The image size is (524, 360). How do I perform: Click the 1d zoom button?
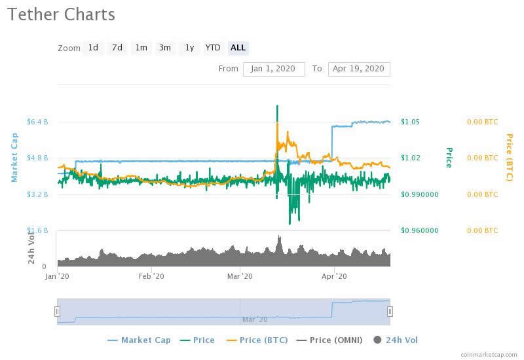pyautogui.click(x=93, y=48)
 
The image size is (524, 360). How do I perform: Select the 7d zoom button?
pyautogui.click(x=117, y=48)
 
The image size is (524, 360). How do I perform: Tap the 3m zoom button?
pyautogui.click(x=165, y=48)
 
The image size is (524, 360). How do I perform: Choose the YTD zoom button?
pyautogui.click(x=213, y=48)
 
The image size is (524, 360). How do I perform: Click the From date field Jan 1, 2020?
pyautogui.click(x=274, y=69)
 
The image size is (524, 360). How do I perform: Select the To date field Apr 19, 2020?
pyautogui.click(x=359, y=69)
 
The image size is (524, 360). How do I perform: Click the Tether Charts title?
pyautogui.click(x=62, y=14)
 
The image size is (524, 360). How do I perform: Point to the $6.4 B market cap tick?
pyautogui.click(x=37, y=122)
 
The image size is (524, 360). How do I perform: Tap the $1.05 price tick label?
pyautogui.click(x=411, y=122)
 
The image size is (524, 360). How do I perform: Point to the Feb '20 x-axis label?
pyautogui.click(x=152, y=277)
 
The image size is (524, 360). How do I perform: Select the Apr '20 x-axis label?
pyautogui.click(x=334, y=277)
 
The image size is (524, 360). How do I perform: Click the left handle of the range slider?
pyautogui.click(x=57, y=312)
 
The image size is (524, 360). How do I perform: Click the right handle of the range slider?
pyautogui.click(x=390, y=312)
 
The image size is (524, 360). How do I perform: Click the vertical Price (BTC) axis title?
pyautogui.click(x=509, y=157)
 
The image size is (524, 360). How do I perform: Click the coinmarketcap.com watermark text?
pyautogui.click(x=489, y=354)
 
